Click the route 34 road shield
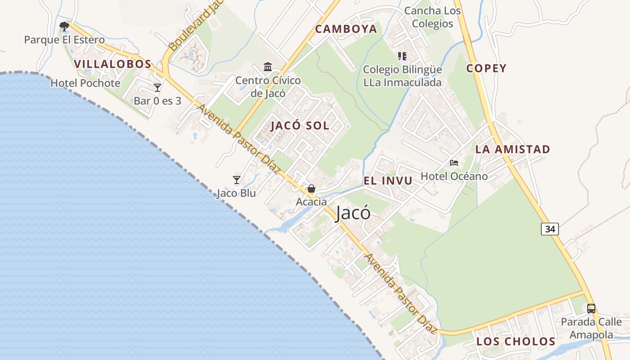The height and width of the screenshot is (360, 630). click(549, 229)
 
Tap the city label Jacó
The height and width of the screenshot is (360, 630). click(353, 213)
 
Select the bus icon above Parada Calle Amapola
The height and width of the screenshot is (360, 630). click(591, 309)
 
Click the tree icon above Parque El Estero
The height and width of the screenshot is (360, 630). click(64, 26)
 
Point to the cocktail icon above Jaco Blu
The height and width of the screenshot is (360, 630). click(237, 180)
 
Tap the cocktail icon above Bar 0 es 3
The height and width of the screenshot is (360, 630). click(157, 87)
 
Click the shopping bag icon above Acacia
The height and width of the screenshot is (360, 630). click(311, 189)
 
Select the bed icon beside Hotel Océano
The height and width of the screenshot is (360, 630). click(454, 162)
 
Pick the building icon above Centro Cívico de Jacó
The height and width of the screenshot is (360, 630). click(268, 67)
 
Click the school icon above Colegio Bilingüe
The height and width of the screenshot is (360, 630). click(402, 56)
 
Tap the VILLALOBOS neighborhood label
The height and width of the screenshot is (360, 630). click(113, 64)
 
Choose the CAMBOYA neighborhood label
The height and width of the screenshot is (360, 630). click(346, 29)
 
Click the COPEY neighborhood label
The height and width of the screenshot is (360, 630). click(486, 68)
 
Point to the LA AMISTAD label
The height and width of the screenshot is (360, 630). click(513, 149)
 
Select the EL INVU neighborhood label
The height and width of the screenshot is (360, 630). click(388, 181)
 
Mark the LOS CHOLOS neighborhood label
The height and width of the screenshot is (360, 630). click(516, 342)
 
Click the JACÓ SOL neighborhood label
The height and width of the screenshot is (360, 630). click(300, 126)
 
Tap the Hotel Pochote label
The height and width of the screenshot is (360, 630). click(85, 83)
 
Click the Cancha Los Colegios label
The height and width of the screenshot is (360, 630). click(432, 17)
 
